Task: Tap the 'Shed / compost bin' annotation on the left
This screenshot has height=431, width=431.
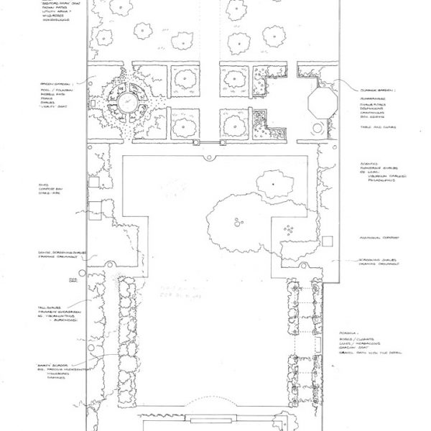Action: click(50, 188)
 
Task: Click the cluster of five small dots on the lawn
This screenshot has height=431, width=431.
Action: click(289, 230)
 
